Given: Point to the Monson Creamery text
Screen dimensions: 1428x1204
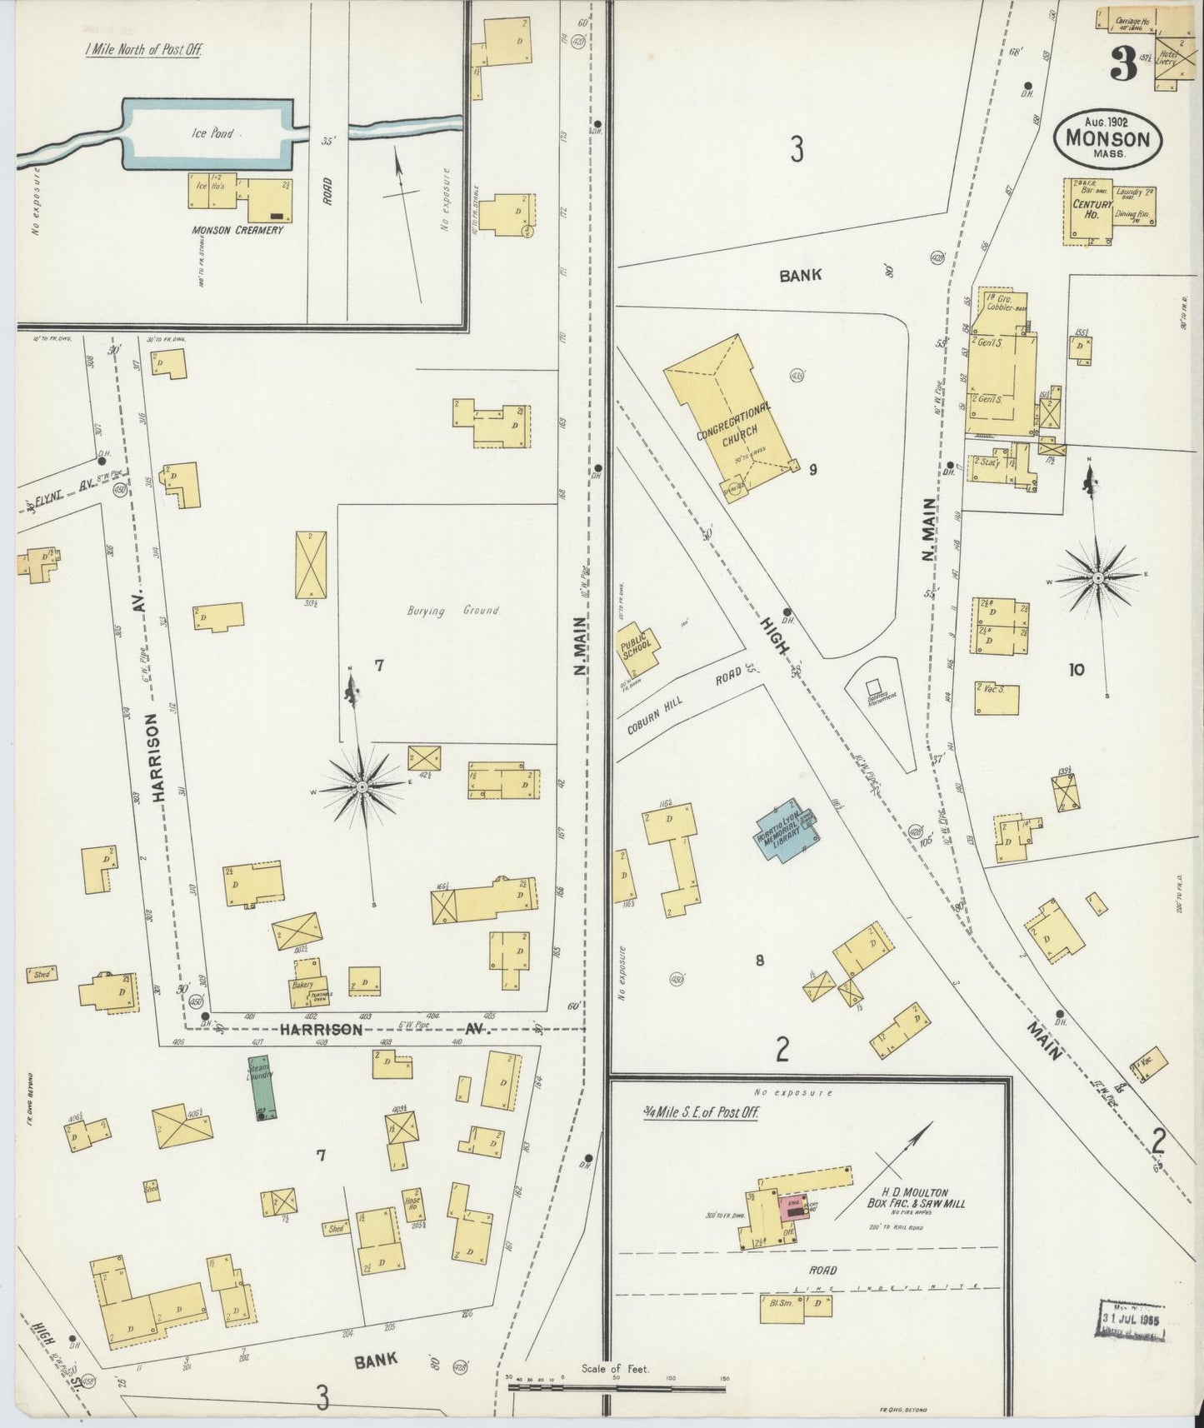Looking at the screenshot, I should point(237,230).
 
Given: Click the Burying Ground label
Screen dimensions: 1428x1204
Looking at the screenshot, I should point(452,611).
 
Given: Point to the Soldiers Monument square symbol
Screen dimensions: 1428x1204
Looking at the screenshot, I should point(874,687).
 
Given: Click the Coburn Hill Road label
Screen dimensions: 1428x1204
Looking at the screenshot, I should point(687,702).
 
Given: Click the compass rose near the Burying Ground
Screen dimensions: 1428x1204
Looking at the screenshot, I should point(363,786).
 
